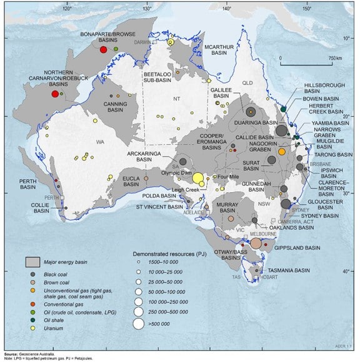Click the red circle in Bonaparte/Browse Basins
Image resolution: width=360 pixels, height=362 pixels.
(x=104, y=49)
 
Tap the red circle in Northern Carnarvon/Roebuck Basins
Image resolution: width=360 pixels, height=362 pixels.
(x=55, y=94)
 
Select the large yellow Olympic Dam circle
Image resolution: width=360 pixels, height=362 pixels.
(x=198, y=179)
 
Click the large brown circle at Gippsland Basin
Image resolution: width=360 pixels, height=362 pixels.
(x=256, y=243)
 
